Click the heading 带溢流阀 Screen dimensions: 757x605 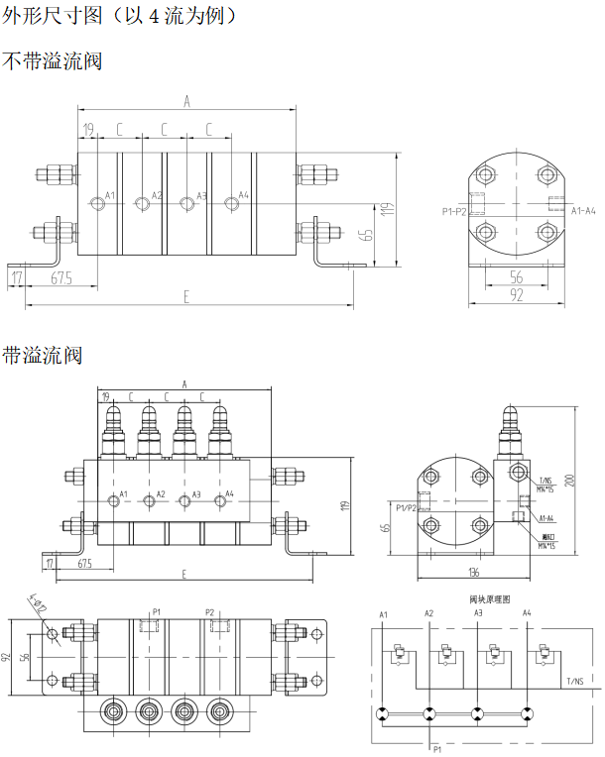point(42,354)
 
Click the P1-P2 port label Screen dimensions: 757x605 point(455,211)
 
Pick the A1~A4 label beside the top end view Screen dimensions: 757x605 point(583,210)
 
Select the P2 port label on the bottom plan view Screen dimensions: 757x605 point(209,611)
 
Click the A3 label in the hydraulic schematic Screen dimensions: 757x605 point(478,613)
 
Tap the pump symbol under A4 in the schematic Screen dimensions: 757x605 point(528,713)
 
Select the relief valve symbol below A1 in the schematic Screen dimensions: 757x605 point(394,655)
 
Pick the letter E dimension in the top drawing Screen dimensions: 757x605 point(185,294)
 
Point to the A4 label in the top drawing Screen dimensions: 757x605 point(244,195)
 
